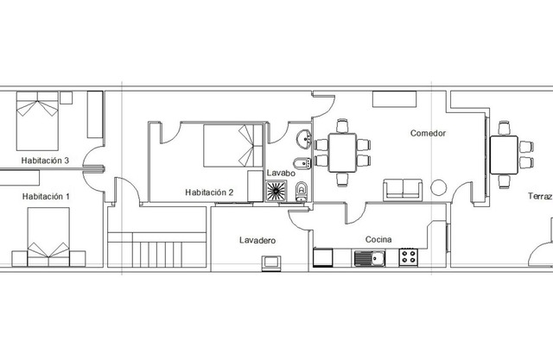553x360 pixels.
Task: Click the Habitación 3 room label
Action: (45, 161)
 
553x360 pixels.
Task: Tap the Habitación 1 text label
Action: (46, 197)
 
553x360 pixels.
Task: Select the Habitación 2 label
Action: (209, 193)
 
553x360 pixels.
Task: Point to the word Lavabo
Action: (281, 174)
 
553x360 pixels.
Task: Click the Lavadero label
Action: (257, 241)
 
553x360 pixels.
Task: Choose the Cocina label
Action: (378, 239)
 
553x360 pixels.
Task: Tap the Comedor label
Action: (429, 133)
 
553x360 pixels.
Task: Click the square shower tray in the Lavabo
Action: (276, 191)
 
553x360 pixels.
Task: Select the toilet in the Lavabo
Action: (302, 192)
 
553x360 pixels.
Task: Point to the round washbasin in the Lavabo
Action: (303, 138)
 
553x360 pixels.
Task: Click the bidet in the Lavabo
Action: (302, 163)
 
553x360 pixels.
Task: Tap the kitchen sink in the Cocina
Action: (370, 258)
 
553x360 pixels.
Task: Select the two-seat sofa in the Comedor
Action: (403, 190)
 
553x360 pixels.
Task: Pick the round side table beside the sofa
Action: (439, 187)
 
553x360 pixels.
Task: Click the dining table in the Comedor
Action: (342, 153)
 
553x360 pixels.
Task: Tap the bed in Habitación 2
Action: (233, 146)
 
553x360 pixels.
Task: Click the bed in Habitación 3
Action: (37, 121)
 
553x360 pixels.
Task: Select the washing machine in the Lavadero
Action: (271, 263)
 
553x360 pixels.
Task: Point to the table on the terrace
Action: (504, 155)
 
